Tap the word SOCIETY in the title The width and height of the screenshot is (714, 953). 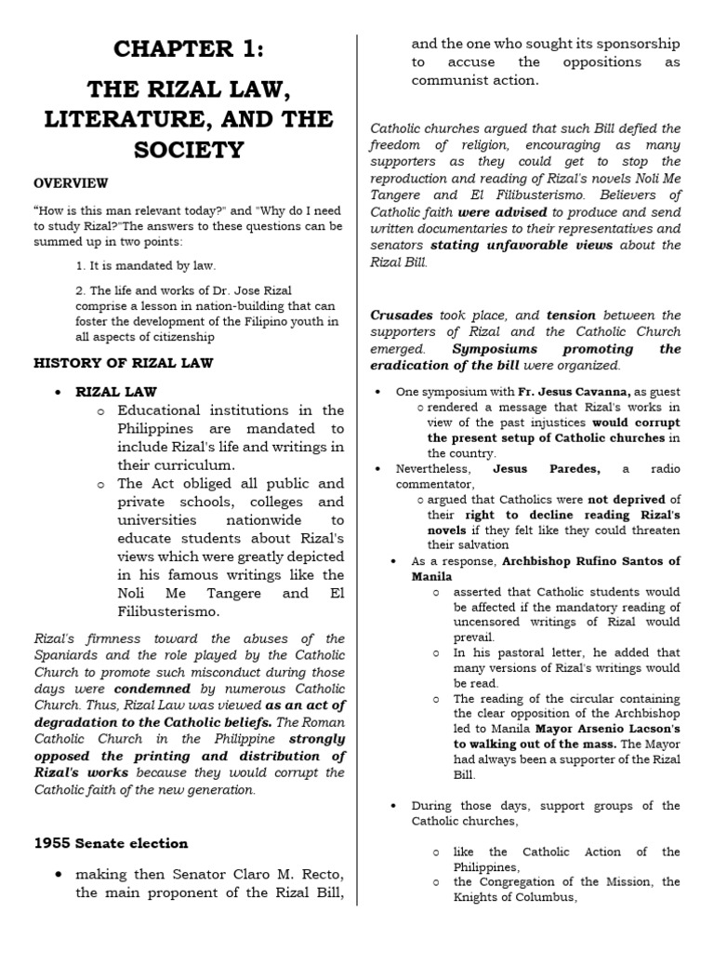pyautogui.click(x=190, y=149)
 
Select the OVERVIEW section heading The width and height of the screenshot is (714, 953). pyautogui.click(x=71, y=183)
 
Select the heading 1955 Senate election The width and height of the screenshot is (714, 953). pyautogui.click(x=111, y=843)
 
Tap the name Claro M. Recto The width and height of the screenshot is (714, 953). pyautogui.click(x=277, y=875)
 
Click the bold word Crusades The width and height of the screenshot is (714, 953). pyautogui.click(x=402, y=315)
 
